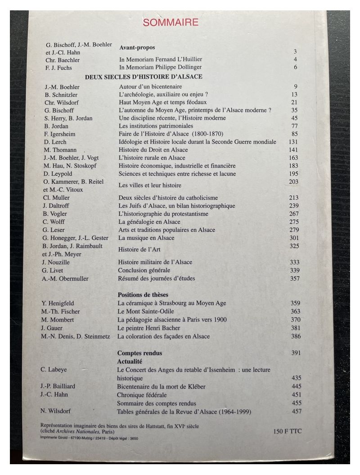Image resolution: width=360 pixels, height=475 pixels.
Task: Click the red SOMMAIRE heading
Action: tap(171, 22)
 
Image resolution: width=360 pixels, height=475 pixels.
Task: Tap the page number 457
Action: tap(296, 411)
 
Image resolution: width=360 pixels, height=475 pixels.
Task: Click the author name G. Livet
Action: tap(54, 270)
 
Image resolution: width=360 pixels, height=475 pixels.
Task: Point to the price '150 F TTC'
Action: tap(287, 431)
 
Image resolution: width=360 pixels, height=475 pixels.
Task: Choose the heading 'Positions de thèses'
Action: tap(143, 294)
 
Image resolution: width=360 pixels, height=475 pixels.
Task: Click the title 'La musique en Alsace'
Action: tap(146, 238)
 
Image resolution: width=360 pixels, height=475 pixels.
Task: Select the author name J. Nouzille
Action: tap(57, 262)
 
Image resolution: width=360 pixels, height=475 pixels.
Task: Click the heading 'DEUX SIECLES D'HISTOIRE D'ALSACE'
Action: tap(144, 77)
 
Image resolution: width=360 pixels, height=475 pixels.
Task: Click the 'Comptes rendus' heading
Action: tap(139, 353)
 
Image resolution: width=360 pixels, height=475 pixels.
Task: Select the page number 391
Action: tap(296, 353)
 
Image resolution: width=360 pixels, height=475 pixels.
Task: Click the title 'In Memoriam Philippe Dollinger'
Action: tap(161, 68)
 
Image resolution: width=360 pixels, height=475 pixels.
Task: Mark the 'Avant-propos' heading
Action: tap(137, 47)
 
